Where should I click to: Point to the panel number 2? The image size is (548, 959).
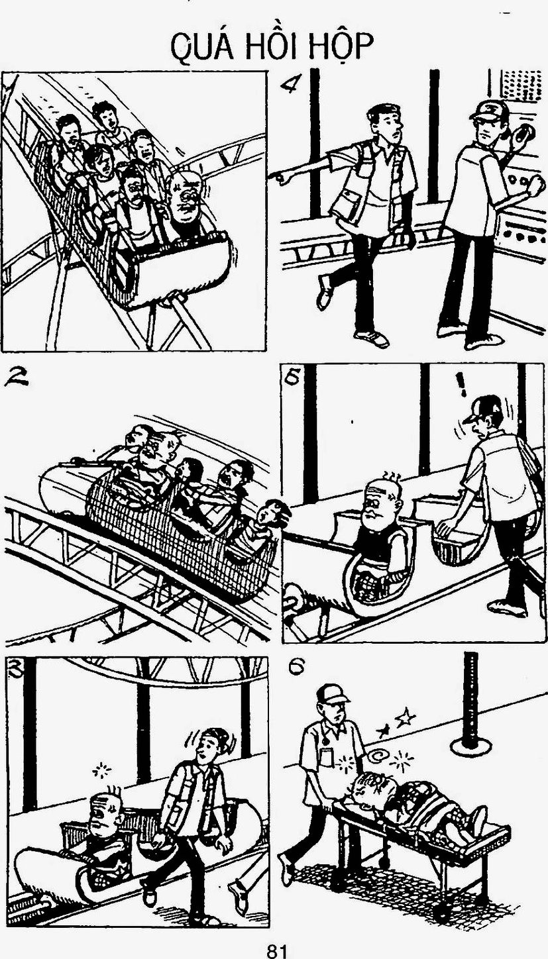(x=17, y=376)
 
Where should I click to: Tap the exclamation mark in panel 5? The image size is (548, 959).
(x=461, y=385)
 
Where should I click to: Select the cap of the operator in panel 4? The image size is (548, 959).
(x=489, y=110)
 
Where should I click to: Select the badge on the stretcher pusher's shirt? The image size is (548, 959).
(x=327, y=758)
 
